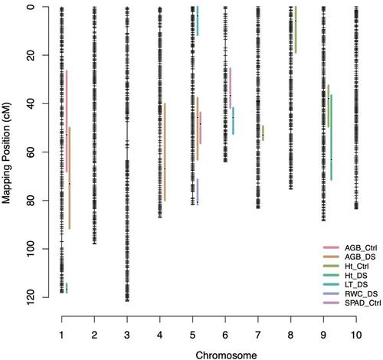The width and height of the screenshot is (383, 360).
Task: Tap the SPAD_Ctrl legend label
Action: click(363, 303)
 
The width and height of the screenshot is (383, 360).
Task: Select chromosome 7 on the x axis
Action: click(258, 335)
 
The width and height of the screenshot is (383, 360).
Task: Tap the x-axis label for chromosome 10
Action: click(356, 335)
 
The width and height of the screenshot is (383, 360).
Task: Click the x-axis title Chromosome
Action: click(226, 355)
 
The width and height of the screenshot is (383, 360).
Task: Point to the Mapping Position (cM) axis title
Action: click(6, 152)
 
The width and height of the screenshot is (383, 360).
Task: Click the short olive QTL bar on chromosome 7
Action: click(263, 133)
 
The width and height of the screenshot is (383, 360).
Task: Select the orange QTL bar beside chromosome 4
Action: click(165, 152)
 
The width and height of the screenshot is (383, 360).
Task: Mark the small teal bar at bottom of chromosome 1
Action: click(67, 288)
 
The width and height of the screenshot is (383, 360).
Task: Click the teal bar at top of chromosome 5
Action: click(198, 21)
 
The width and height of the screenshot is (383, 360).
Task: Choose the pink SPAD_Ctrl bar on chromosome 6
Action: click(231, 88)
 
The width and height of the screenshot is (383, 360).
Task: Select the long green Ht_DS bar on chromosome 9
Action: click(332, 137)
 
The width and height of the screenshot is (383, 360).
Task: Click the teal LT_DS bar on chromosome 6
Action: click(233, 121)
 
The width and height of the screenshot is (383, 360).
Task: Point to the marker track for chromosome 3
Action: click(127, 154)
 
